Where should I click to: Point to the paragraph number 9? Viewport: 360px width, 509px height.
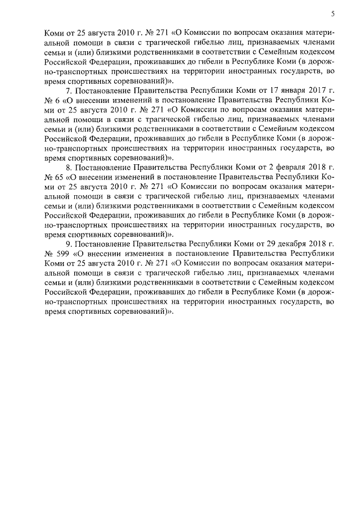68,246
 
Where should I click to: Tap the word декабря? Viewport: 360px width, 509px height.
291,246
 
